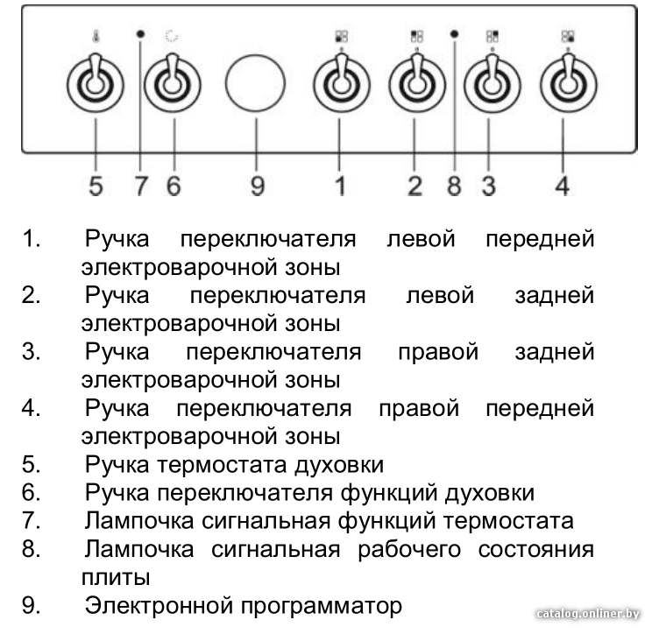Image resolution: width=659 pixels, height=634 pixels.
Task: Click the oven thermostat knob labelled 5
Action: point(96,84)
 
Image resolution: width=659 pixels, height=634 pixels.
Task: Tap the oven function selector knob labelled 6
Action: point(173,84)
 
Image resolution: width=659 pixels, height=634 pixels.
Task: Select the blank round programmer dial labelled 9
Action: point(255,82)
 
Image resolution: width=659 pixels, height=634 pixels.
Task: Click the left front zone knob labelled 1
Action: point(341,84)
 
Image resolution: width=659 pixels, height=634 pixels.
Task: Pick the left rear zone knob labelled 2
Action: point(417,84)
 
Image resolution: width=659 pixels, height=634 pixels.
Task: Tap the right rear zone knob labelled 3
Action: point(492,84)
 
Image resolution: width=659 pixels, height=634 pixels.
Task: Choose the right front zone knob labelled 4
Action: point(568,84)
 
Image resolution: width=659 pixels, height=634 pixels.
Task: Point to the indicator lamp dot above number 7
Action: point(141,33)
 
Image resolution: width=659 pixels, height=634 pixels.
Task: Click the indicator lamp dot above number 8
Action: point(454,33)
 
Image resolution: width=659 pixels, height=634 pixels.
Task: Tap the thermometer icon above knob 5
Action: point(96,37)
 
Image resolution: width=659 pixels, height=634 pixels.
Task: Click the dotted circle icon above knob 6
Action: point(172,36)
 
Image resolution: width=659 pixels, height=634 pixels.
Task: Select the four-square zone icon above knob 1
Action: point(341,36)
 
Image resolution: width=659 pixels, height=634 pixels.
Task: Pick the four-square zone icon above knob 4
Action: point(568,36)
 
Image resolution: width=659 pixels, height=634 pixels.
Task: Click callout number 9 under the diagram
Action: point(258,186)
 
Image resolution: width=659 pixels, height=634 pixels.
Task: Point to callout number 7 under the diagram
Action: point(141,186)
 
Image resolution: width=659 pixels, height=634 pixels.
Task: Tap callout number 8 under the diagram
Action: point(454,186)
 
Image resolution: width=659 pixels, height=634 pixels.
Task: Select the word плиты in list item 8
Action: point(116,578)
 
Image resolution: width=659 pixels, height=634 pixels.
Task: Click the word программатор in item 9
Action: point(322,606)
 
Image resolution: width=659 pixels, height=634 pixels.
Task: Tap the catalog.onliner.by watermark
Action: point(588,614)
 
